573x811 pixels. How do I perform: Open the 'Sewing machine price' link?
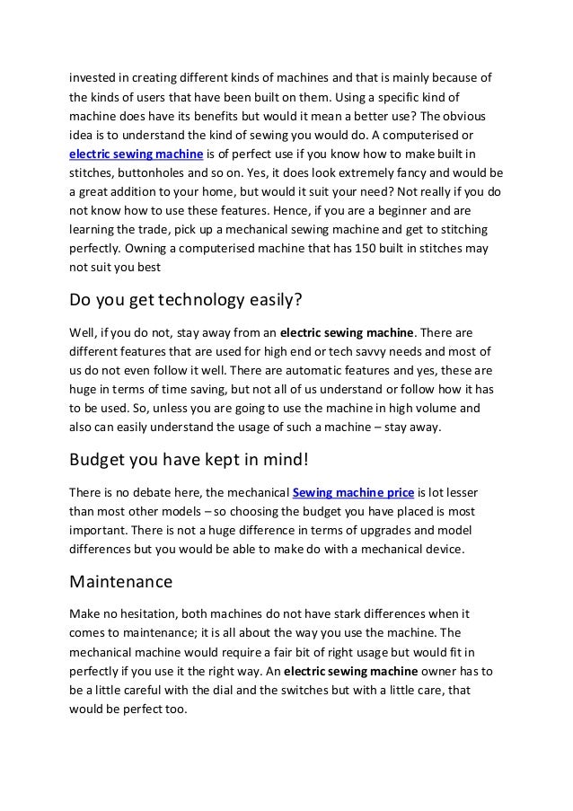pyautogui.click(x=352, y=492)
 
